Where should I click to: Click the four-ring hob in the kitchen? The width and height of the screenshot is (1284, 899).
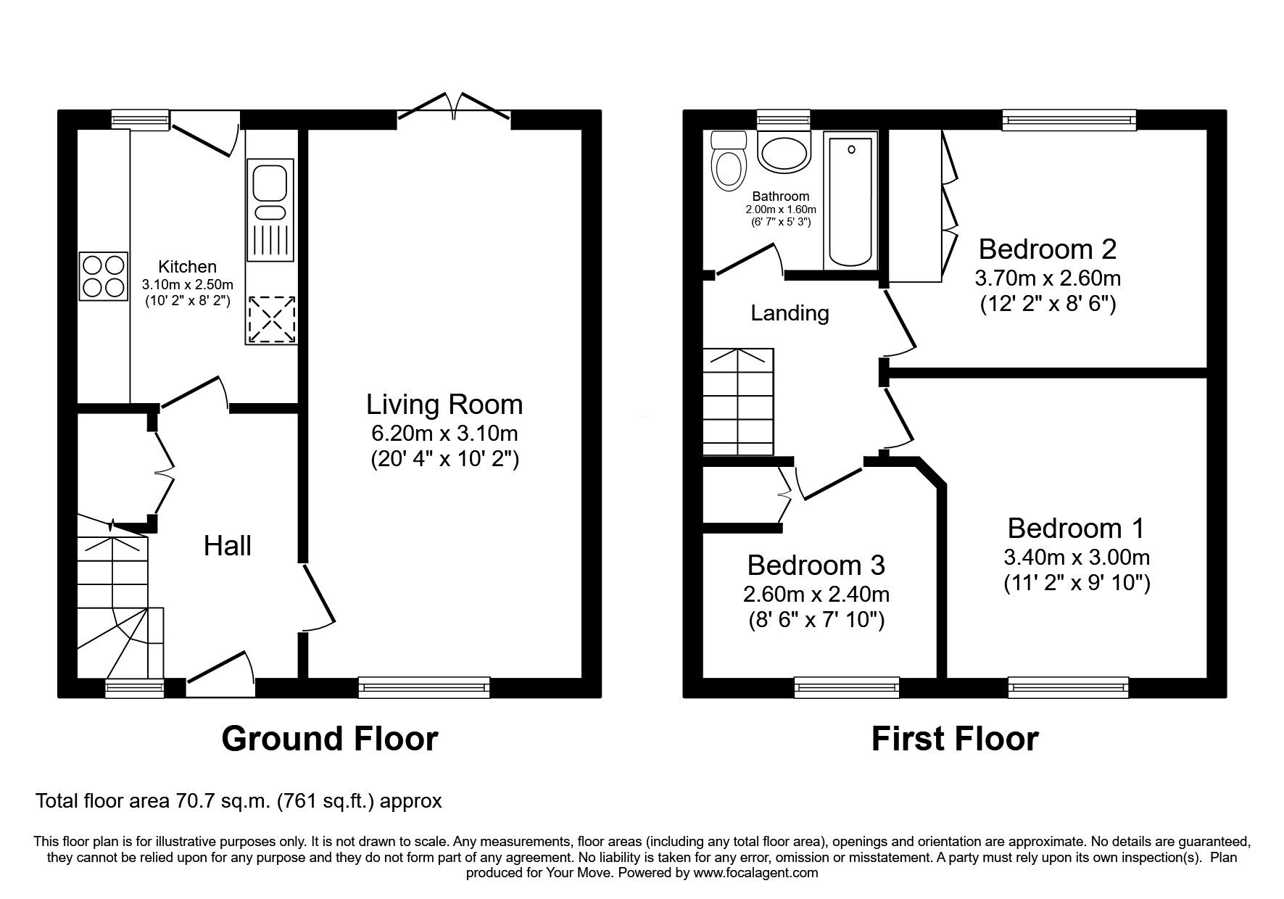click(x=104, y=276)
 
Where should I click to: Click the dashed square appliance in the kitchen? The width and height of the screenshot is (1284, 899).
click(x=271, y=320)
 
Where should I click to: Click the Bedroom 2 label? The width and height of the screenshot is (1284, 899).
click(x=1047, y=249)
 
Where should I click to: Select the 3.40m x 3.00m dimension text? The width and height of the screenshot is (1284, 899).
click(x=1076, y=558)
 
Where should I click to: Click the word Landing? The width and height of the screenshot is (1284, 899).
click(x=790, y=313)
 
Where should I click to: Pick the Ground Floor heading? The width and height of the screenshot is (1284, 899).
click(x=329, y=739)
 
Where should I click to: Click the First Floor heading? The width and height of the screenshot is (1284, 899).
click(x=954, y=739)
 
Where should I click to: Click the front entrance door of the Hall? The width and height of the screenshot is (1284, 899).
click(x=219, y=671)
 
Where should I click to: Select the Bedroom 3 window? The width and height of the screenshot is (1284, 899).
click(x=846, y=687)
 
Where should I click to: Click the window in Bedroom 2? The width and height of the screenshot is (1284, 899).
click(x=1069, y=120)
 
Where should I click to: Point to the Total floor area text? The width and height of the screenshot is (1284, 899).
click(x=239, y=802)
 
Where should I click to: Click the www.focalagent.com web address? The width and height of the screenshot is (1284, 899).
click(x=755, y=873)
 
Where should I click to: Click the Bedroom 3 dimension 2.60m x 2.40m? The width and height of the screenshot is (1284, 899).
click(x=816, y=594)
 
